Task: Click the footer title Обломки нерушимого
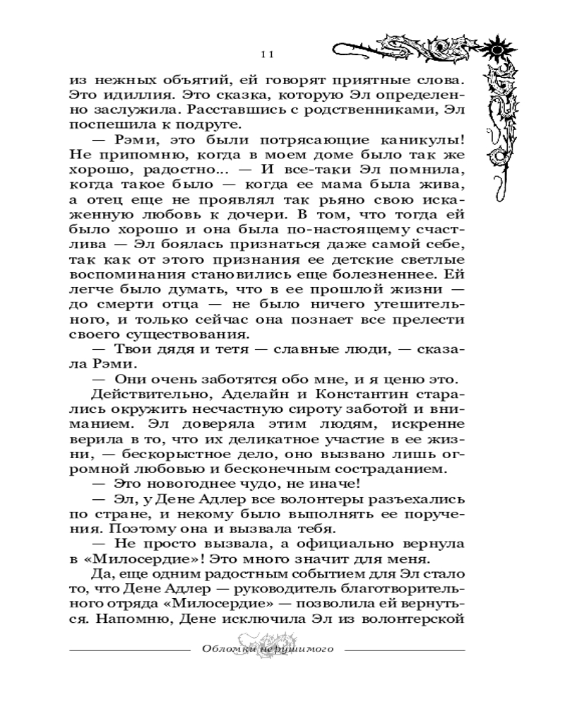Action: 268,649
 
